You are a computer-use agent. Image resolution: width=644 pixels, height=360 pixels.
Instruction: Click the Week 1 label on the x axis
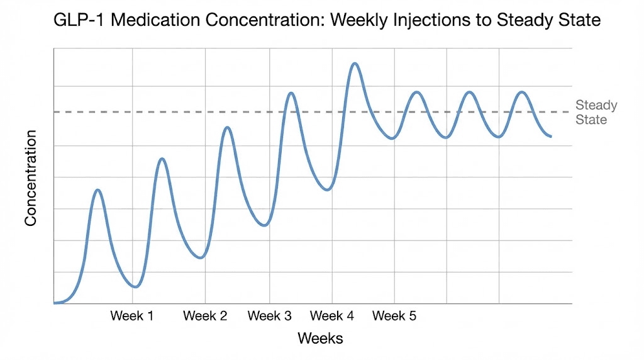(x=132, y=316)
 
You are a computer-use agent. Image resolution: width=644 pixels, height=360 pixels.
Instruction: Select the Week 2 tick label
(x=205, y=316)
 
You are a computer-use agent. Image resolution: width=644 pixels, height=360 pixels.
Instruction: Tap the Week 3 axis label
(x=270, y=316)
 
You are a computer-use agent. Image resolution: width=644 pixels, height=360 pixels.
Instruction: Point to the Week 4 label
(x=332, y=316)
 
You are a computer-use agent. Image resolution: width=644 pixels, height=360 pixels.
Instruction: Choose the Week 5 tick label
(x=394, y=316)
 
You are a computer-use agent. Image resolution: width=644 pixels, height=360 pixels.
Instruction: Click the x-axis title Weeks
(x=321, y=339)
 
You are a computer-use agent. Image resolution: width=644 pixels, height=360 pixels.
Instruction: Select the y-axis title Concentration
(x=31, y=178)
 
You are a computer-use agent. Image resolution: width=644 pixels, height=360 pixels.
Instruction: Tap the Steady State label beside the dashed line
(x=596, y=112)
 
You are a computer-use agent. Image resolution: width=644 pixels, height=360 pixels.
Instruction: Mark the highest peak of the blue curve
(x=355, y=64)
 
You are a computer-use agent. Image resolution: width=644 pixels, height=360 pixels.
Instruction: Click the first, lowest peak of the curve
(x=97, y=189)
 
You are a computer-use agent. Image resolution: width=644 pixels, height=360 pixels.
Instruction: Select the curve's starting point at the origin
(x=55, y=303)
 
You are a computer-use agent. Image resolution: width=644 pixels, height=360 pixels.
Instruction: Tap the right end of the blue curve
(x=551, y=136)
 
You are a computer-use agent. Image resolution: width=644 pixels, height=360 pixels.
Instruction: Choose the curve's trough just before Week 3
(x=265, y=225)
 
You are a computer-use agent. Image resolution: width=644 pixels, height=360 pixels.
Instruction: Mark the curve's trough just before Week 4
(x=327, y=189)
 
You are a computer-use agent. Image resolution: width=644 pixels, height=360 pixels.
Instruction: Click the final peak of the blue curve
(x=521, y=92)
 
